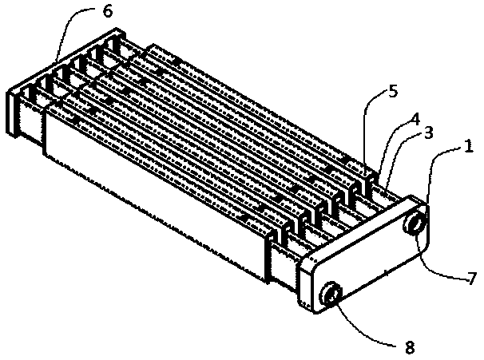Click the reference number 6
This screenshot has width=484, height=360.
click(x=108, y=11)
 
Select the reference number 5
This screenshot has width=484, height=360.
click(x=393, y=92)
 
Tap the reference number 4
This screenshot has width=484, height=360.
click(x=415, y=119)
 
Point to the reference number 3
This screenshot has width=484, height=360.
click(x=428, y=132)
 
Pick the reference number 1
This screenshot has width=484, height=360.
click(x=469, y=146)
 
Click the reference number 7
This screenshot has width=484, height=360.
click(x=472, y=279)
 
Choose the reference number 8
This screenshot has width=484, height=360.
click(x=409, y=348)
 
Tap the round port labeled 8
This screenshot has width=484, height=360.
click(x=331, y=295)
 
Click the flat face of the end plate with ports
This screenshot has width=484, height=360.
click(x=371, y=259)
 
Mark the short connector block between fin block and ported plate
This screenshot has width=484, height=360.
click(x=284, y=265)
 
